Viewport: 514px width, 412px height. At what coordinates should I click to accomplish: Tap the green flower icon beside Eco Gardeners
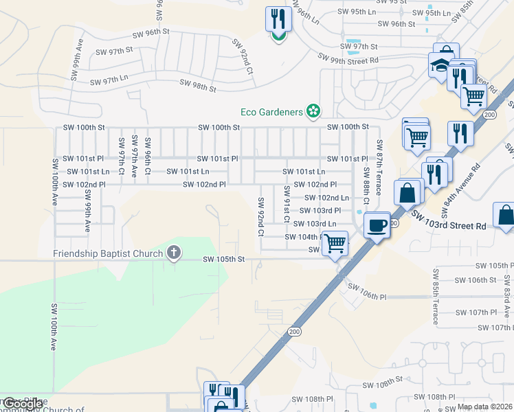pyautogui.click(x=313, y=111)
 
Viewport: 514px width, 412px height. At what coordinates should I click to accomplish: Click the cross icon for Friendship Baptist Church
pyautogui.click(x=174, y=253)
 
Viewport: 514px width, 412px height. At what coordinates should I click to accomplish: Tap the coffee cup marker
pyautogui.click(x=377, y=225)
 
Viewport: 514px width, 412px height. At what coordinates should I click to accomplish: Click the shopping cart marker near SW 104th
pyautogui.click(x=335, y=243)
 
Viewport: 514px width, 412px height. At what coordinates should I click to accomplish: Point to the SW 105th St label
pyautogui.click(x=224, y=259)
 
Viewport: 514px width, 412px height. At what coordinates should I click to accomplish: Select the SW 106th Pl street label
pyautogui.click(x=368, y=291)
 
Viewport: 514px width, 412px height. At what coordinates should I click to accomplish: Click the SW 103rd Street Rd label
pyautogui.click(x=449, y=220)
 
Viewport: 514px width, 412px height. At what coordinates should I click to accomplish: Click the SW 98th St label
pyautogui.click(x=198, y=85)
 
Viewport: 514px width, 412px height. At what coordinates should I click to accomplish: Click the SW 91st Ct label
pyautogui.click(x=287, y=203)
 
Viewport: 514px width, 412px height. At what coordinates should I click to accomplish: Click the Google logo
pyautogui.click(x=23, y=404)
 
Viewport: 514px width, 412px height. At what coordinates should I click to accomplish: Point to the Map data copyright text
pyautogui.click(x=485, y=407)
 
